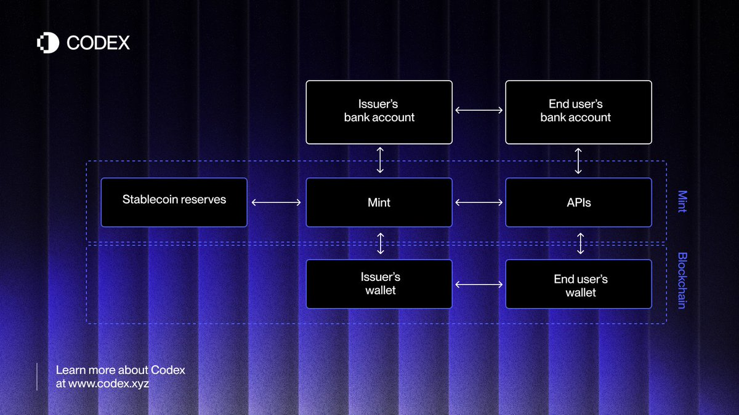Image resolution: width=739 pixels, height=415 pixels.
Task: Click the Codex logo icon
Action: (48, 43)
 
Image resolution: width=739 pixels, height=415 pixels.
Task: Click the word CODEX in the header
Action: (98, 43)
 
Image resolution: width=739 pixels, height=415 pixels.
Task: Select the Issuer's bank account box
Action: (379, 113)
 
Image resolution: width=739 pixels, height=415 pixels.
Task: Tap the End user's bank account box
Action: (579, 113)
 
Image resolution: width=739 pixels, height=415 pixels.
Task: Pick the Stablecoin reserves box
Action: (174, 202)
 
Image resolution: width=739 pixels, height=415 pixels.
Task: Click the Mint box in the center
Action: (379, 202)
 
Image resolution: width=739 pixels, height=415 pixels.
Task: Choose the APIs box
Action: (579, 202)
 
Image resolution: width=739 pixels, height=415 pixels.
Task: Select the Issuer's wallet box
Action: (379, 284)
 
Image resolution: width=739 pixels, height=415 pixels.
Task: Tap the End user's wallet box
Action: (579, 284)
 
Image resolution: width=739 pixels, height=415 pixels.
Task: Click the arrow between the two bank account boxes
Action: (479, 110)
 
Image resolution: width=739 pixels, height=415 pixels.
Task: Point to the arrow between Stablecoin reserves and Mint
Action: (276, 202)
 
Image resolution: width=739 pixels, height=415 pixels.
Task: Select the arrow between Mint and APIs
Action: (479, 202)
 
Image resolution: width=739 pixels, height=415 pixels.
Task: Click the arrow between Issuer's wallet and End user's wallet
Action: (479, 284)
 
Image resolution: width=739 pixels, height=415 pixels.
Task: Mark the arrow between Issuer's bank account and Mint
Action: (380, 160)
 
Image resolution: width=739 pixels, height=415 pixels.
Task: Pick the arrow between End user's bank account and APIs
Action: (578, 160)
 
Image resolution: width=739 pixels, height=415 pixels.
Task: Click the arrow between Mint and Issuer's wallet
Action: (381, 243)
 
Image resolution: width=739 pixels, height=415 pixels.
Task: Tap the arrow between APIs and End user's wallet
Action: (580, 243)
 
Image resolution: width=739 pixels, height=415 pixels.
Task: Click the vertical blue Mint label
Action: (682, 201)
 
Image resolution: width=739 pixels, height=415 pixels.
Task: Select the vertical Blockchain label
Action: (682, 280)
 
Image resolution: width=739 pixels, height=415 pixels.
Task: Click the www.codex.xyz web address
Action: (108, 384)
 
